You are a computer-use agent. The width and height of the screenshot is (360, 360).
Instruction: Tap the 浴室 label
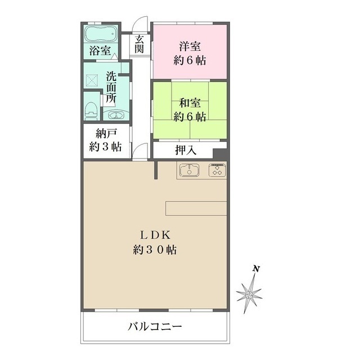click(100, 51)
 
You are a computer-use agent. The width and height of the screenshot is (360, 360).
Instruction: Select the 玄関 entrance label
click(139, 45)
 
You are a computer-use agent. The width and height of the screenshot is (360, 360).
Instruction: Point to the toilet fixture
click(91, 110)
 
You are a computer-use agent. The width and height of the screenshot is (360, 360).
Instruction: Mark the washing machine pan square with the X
click(92, 80)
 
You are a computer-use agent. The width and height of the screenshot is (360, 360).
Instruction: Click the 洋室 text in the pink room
click(190, 46)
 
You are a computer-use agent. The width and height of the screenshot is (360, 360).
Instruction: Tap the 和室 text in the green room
click(190, 103)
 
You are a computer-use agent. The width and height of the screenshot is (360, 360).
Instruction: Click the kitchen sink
click(190, 170)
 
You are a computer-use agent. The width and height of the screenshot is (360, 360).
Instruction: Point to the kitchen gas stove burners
click(217, 170)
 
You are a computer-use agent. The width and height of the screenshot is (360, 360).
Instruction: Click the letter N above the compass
click(256, 270)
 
